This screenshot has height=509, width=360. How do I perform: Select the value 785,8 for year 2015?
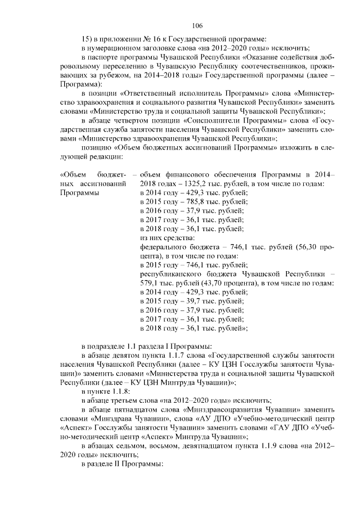190,202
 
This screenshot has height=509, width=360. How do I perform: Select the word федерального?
164,247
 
